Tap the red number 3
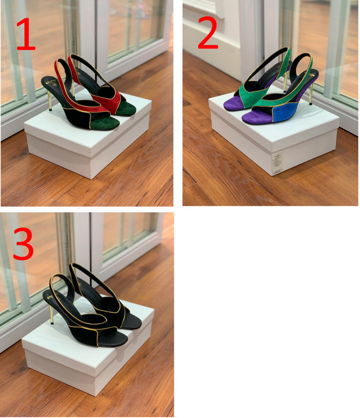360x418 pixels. [23, 244]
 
